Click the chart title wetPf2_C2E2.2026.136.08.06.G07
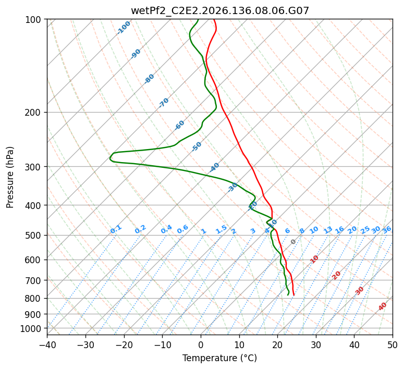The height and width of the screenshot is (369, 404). pos(220,11)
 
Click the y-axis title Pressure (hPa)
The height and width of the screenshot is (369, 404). pos(10,177)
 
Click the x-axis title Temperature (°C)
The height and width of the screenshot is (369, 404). pos(220,358)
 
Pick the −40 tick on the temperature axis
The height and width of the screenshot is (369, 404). pos(47,345)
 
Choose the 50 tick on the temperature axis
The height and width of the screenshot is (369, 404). pos(393,345)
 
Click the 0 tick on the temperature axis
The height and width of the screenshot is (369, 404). pos(201,345)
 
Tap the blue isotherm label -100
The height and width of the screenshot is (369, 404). pos(124,28)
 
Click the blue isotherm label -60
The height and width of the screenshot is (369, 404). pos(179,125)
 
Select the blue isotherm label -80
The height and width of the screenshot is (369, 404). pos(149,79)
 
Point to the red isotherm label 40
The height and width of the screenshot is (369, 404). pos(383,306)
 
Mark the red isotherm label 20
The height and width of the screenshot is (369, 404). pos(336,276)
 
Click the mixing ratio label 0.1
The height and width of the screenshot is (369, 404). pos(116,229)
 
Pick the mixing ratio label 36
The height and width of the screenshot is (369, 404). pos(387,230)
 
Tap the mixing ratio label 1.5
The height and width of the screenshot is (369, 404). pos(222,229)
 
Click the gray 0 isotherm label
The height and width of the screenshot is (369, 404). pos(293,242)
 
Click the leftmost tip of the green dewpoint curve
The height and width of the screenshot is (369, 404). pos(109,158)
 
